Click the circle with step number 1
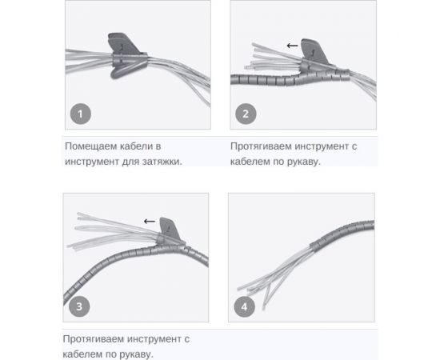pos(81,114)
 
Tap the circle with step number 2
pos(246,114)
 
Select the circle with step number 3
pos(79,306)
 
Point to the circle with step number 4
pos(245,306)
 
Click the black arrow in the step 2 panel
pos(292,46)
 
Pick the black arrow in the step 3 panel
pos(150,222)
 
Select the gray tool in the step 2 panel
pos(314,54)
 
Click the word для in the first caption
pos(131,162)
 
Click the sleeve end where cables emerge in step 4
pos(314,246)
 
